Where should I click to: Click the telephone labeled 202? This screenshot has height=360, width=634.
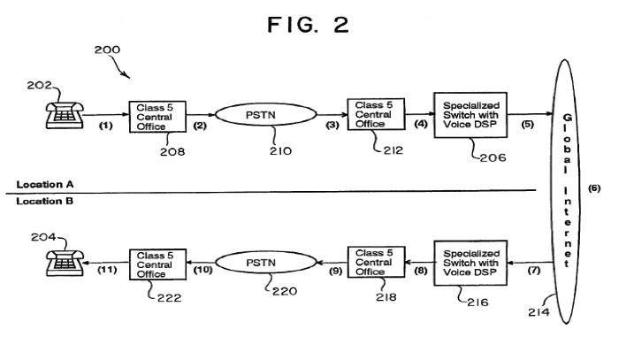pyautogui.click(x=65, y=115)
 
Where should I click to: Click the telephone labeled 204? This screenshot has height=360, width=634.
pyautogui.click(x=65, y=263)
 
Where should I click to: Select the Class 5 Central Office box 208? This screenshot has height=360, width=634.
pyautogui.click(x=157, y=117)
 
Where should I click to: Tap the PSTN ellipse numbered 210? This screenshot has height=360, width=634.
pyautogui.click(x=265, y=115)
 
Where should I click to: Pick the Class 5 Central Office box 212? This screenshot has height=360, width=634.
pyautogui.click(x=376, y=114)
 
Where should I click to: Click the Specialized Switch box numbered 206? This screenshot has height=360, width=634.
pyautogui.click(x=470, y=115)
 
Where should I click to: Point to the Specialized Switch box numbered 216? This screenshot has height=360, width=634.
pyautogui.click(x=470, y=264)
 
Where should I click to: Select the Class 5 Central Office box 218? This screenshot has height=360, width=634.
pyautogui.click(x=376, y=262)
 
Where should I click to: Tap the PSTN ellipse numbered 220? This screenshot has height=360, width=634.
pyautogui.click(x=265, y=263)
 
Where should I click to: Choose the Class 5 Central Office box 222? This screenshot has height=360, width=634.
pyautogui.click(x=157, y=264)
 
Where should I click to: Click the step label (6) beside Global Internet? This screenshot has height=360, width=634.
pyautogui.click(x=594, y=188)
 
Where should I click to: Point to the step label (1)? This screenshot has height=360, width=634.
pyautogui.click(x=106, y=126)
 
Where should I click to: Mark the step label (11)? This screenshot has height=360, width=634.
pyautogui.click(x=107, y=270)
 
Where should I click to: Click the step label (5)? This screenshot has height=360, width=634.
pyautogui.click(x=527, y=124)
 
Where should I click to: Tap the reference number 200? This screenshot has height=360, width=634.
pyautogui.click(x=107, y=50)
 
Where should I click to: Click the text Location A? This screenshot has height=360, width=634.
pyautogui.click(x=45, y=185)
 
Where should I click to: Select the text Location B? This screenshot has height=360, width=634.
pyautogui.click(x=45, y=201)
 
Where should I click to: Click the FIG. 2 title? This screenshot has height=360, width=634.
pyautogui.click(x=308, y=25)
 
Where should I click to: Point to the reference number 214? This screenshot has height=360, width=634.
pyautogui.click(x=539, y=312)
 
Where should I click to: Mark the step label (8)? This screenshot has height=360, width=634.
pyautogui.click(x=421, y=270)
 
